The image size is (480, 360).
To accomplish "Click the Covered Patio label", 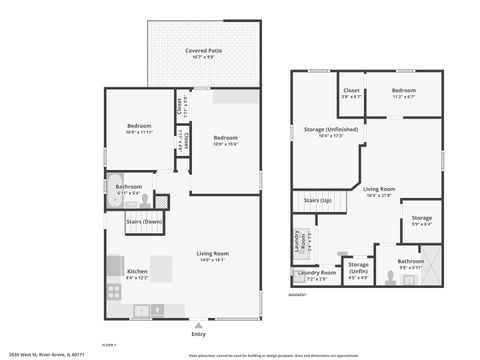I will coord(203,50).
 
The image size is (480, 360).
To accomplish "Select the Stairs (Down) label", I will coord(144,219).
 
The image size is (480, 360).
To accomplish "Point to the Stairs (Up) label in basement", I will coord(317,200).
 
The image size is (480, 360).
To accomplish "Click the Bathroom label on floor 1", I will coord(129,186).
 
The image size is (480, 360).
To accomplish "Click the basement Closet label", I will coord(351,90).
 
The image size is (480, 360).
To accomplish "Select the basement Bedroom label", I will coord(403,90).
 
